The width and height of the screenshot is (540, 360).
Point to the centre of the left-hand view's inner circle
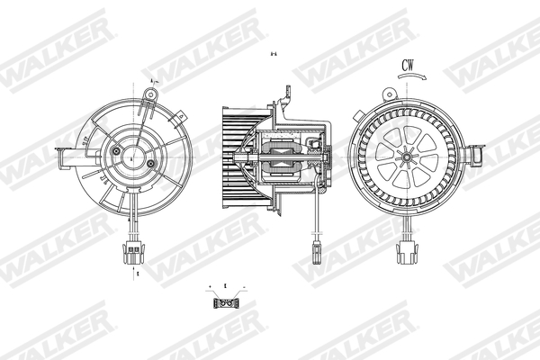tap(132, 158)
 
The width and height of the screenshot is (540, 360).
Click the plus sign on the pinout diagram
tap(213, 289)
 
